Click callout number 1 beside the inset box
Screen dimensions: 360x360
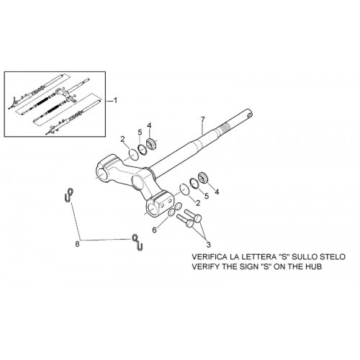click(115, 100)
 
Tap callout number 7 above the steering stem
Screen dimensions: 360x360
click(203, 119)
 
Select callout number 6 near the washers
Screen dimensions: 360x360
click(154, 230)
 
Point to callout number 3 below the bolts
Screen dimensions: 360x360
click(208, 245)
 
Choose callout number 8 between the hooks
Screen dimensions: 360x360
click(77, 244)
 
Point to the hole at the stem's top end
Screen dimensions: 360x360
click(249, 112)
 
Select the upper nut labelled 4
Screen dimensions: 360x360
click(151, 144)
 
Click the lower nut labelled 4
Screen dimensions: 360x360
click(202, 178)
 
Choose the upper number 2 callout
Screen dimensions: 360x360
click(123, 139)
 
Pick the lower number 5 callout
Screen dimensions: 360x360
click(207, 196)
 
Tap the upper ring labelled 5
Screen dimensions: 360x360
click(143, 150)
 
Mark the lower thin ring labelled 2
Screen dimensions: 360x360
click(184, 189)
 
